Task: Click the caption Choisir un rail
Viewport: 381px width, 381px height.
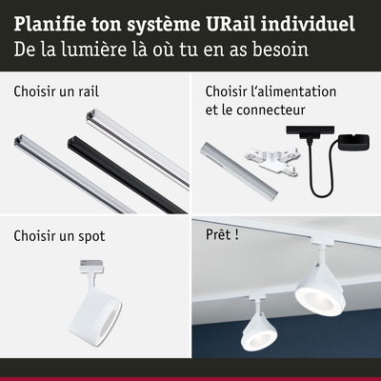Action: click(57, 92)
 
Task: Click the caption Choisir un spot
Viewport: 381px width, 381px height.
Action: click(59, 235)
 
